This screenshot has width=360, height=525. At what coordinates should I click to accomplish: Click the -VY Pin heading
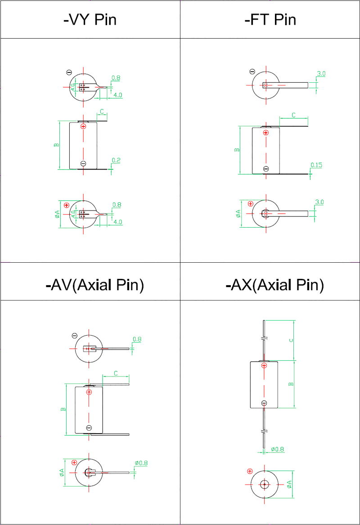[x=90, y=19]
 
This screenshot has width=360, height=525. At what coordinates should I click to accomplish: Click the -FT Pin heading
[x=270, y=19]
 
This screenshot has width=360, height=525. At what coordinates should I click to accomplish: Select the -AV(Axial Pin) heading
[x=95, y=285]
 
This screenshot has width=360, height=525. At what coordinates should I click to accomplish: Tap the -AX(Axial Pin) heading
[x=274, y=285]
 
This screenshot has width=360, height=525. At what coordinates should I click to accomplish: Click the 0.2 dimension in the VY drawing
[x=116, y=161]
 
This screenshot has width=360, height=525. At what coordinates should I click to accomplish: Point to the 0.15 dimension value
[x=316, y=165]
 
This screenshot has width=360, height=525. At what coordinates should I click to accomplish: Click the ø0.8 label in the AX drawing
[x=278, y=449]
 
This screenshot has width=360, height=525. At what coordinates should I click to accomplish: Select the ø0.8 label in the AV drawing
[x=141, y=463]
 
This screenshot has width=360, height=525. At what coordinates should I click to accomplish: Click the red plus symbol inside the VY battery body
[x=83, y=126]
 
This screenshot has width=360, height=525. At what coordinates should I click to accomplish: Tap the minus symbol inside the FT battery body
[x=266, y=169]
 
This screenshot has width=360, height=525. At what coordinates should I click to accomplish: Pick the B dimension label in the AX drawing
[x=291, y=384]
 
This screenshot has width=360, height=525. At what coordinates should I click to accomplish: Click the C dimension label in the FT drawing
[x=293, y=115]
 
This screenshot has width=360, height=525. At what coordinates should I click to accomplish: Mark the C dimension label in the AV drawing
[x=116, y=373]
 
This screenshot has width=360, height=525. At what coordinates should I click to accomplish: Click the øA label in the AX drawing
[x=289, y=484]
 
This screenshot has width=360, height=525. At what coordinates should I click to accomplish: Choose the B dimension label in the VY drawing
[x=56, y=145]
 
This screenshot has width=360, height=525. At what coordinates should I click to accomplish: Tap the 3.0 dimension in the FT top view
[x=321, y=74]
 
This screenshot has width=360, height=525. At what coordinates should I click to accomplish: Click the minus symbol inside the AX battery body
[x=264, y=403]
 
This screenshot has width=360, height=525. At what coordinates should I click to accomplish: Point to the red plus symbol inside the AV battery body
[x=89, y=392]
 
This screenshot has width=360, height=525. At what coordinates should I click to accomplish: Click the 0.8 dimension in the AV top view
[x=137, y=339]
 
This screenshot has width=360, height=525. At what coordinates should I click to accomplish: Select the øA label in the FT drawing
[x=238, y=213]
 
